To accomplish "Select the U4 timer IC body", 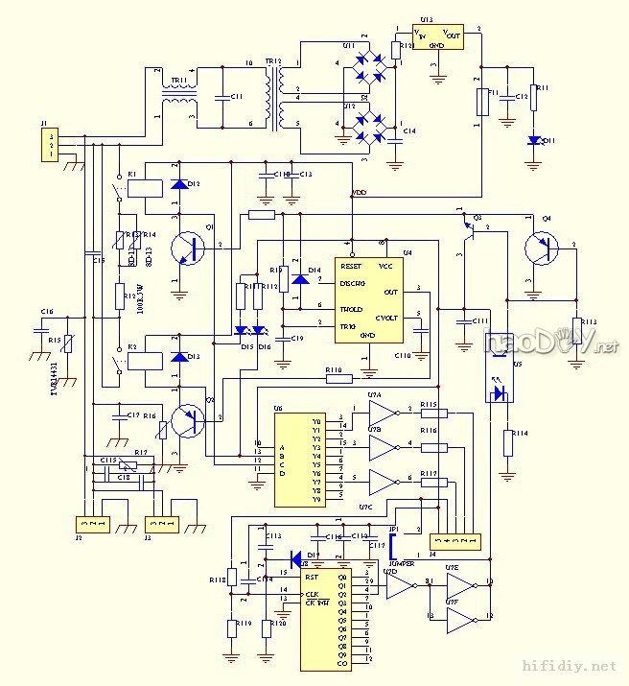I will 367,299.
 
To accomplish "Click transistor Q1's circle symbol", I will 188,249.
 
